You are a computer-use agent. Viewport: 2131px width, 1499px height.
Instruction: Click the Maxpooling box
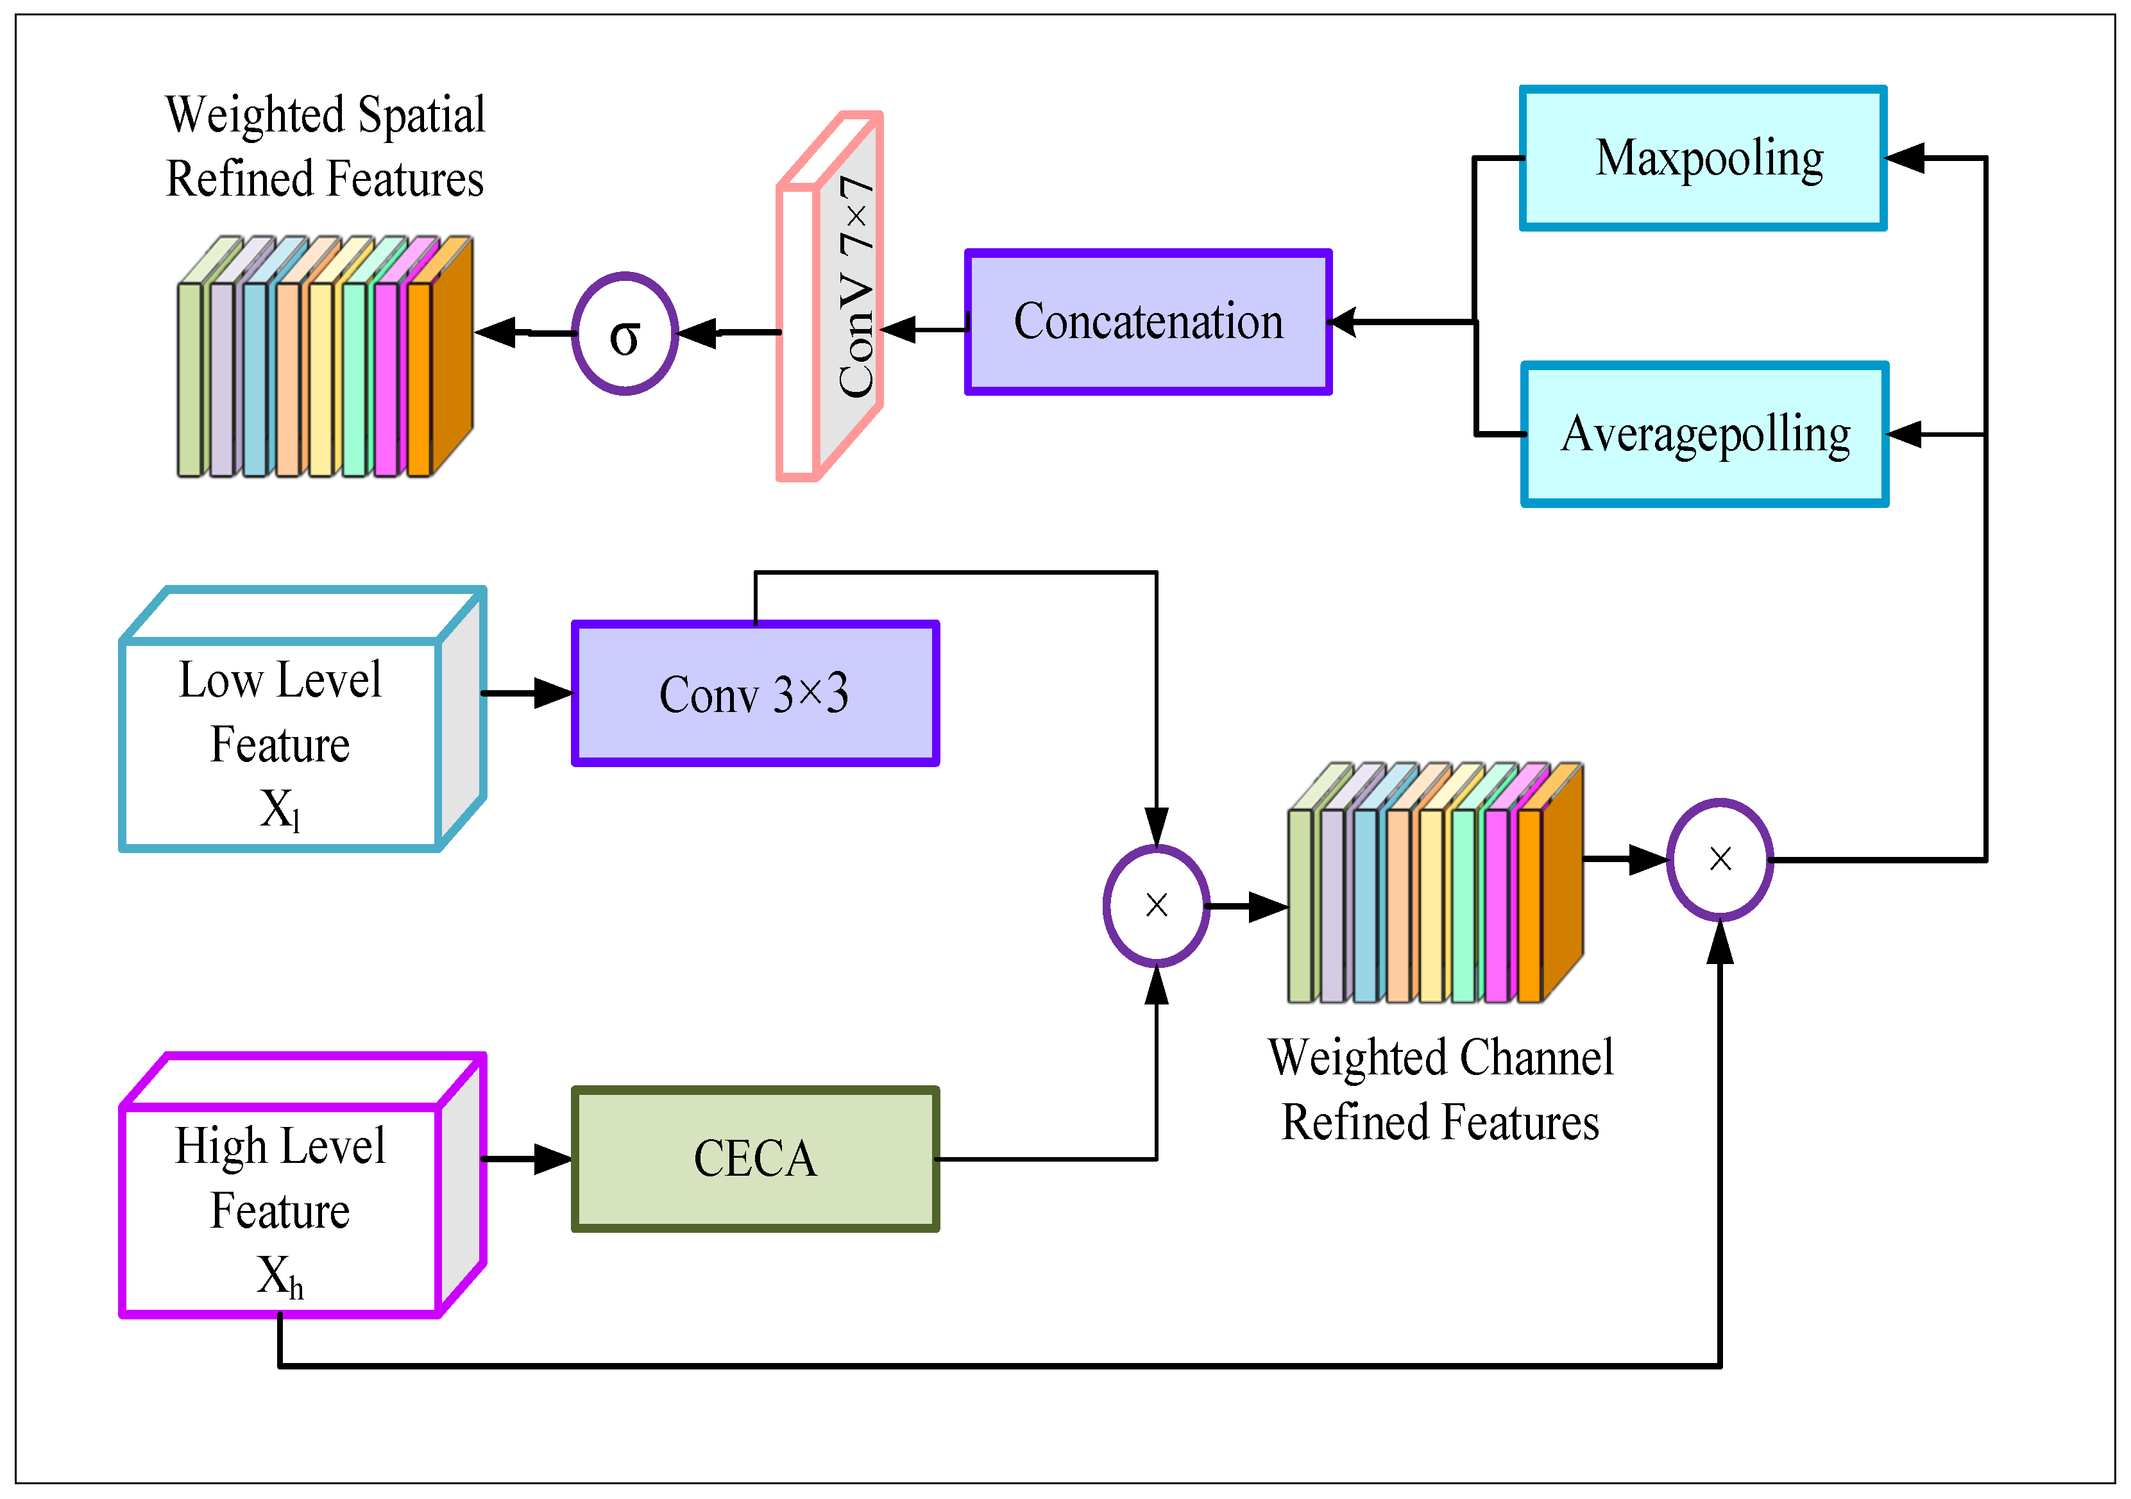1703,158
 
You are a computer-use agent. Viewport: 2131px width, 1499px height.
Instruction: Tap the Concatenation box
1148,322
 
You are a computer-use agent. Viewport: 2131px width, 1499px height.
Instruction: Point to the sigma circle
625,333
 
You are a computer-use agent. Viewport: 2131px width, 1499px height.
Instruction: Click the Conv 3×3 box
754,693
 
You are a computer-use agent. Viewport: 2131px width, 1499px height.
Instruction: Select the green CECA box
754,1159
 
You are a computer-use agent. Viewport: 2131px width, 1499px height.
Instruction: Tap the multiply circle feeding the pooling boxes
1720,860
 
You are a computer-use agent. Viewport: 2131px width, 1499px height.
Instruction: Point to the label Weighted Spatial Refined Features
325,147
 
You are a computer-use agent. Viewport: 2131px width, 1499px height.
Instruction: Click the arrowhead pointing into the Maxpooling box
1907,158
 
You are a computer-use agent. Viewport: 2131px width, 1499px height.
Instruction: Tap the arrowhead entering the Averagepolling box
1907,434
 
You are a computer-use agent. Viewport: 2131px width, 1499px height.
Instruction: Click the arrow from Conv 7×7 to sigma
729,332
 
